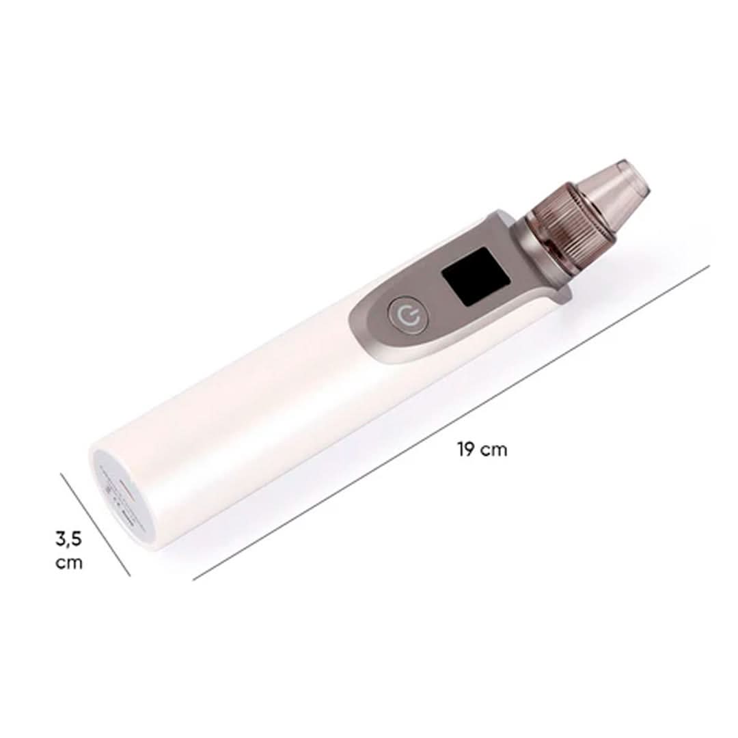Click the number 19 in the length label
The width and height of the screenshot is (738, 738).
465,450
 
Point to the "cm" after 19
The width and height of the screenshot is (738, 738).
494,451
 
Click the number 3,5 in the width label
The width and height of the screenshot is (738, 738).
68,539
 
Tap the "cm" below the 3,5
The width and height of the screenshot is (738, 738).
69,562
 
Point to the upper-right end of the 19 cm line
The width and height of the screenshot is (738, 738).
709,266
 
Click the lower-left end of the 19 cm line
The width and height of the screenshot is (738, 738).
193,579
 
